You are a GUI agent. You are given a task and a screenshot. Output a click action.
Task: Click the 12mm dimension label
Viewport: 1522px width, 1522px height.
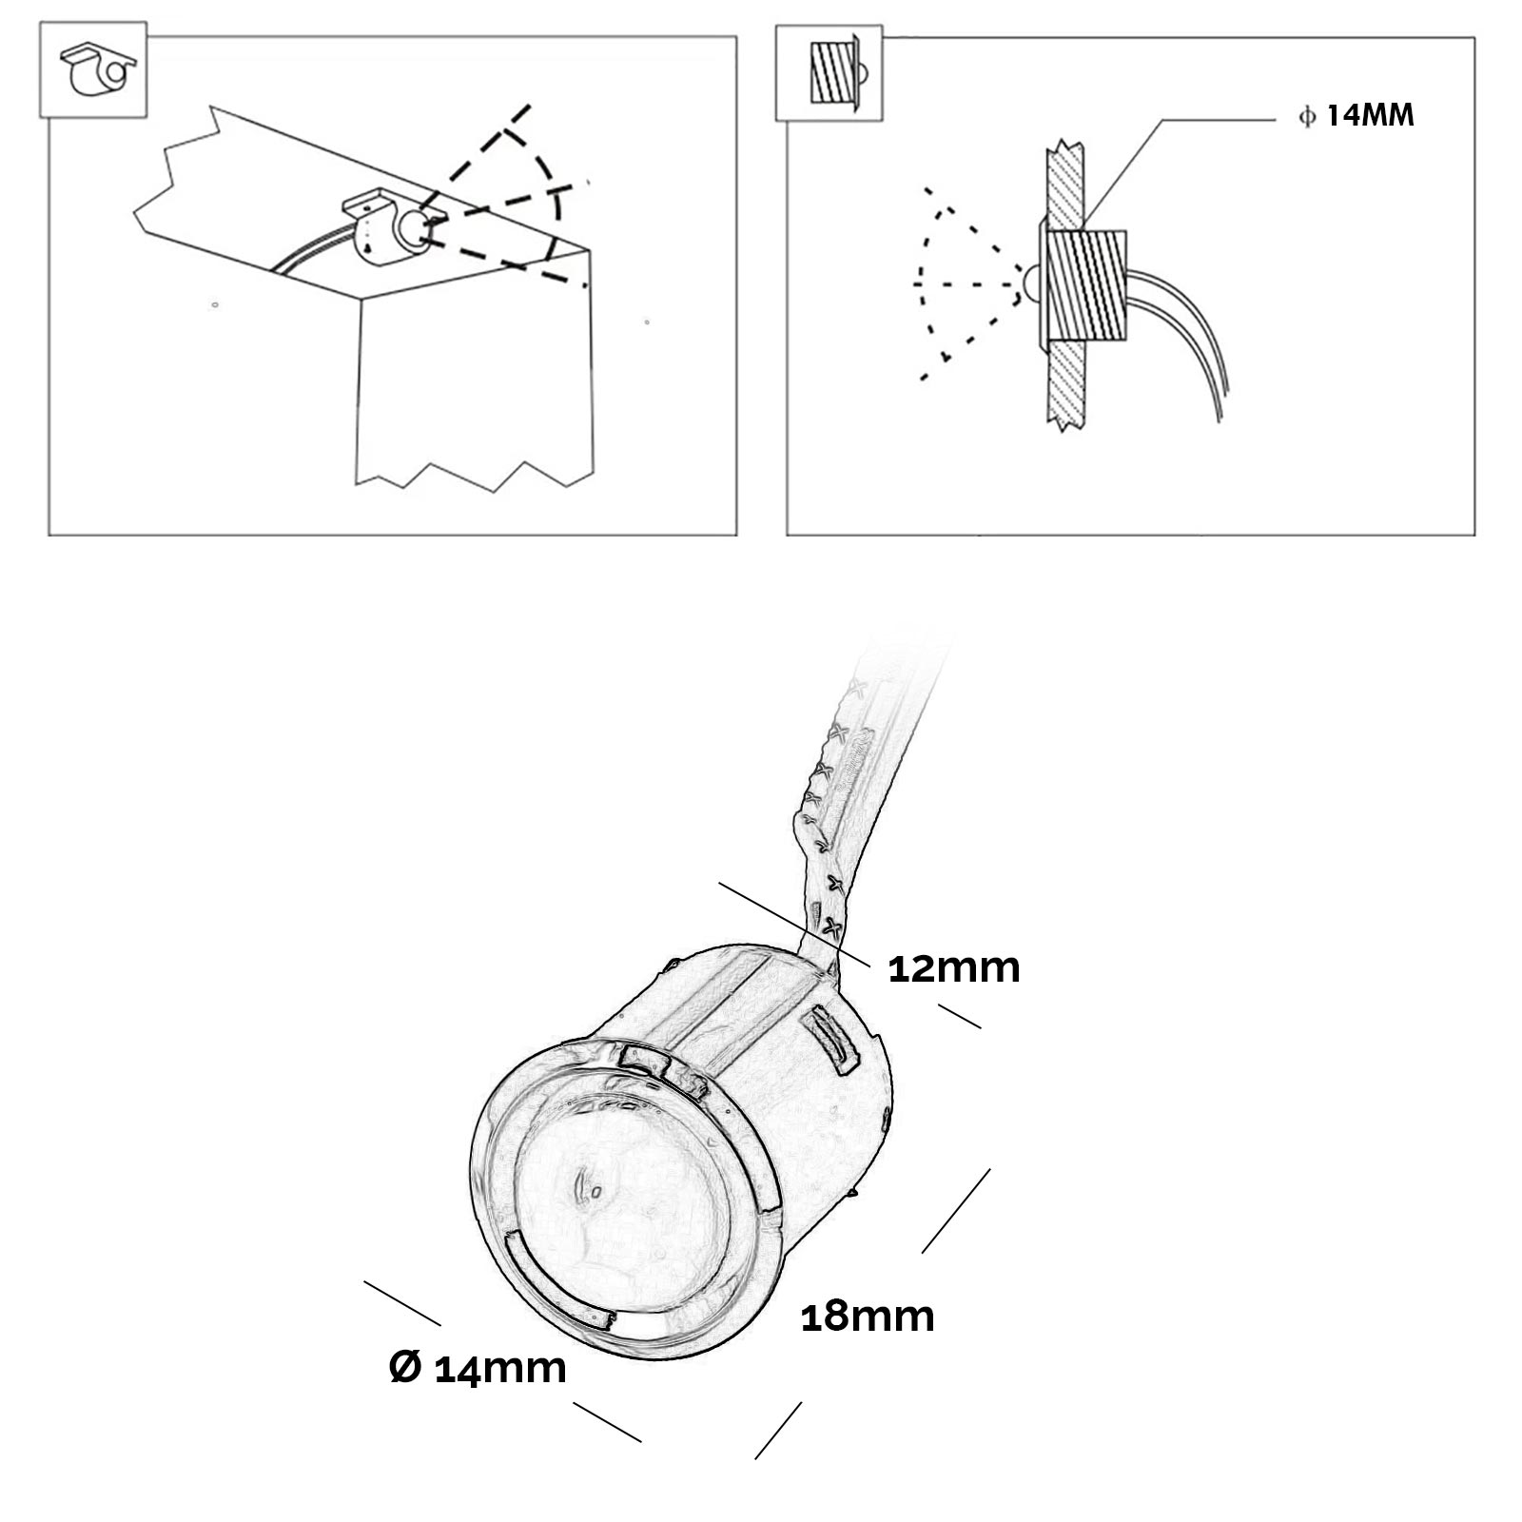pos(953,968)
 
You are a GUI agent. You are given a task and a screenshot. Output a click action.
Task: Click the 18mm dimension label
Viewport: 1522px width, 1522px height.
pos(868,1317)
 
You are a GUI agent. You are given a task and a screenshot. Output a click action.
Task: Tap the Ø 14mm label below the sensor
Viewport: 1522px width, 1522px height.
pos(478,1368)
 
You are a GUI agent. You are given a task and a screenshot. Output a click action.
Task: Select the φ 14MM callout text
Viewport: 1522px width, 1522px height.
pos(1356,116)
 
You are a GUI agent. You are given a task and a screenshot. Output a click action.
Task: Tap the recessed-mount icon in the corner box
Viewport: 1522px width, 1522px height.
pos(832,75)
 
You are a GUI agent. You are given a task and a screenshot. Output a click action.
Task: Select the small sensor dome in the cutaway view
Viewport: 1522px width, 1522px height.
pos(1030,283)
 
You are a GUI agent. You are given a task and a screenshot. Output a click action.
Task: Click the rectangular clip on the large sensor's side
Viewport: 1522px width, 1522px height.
pos(829,1042)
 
